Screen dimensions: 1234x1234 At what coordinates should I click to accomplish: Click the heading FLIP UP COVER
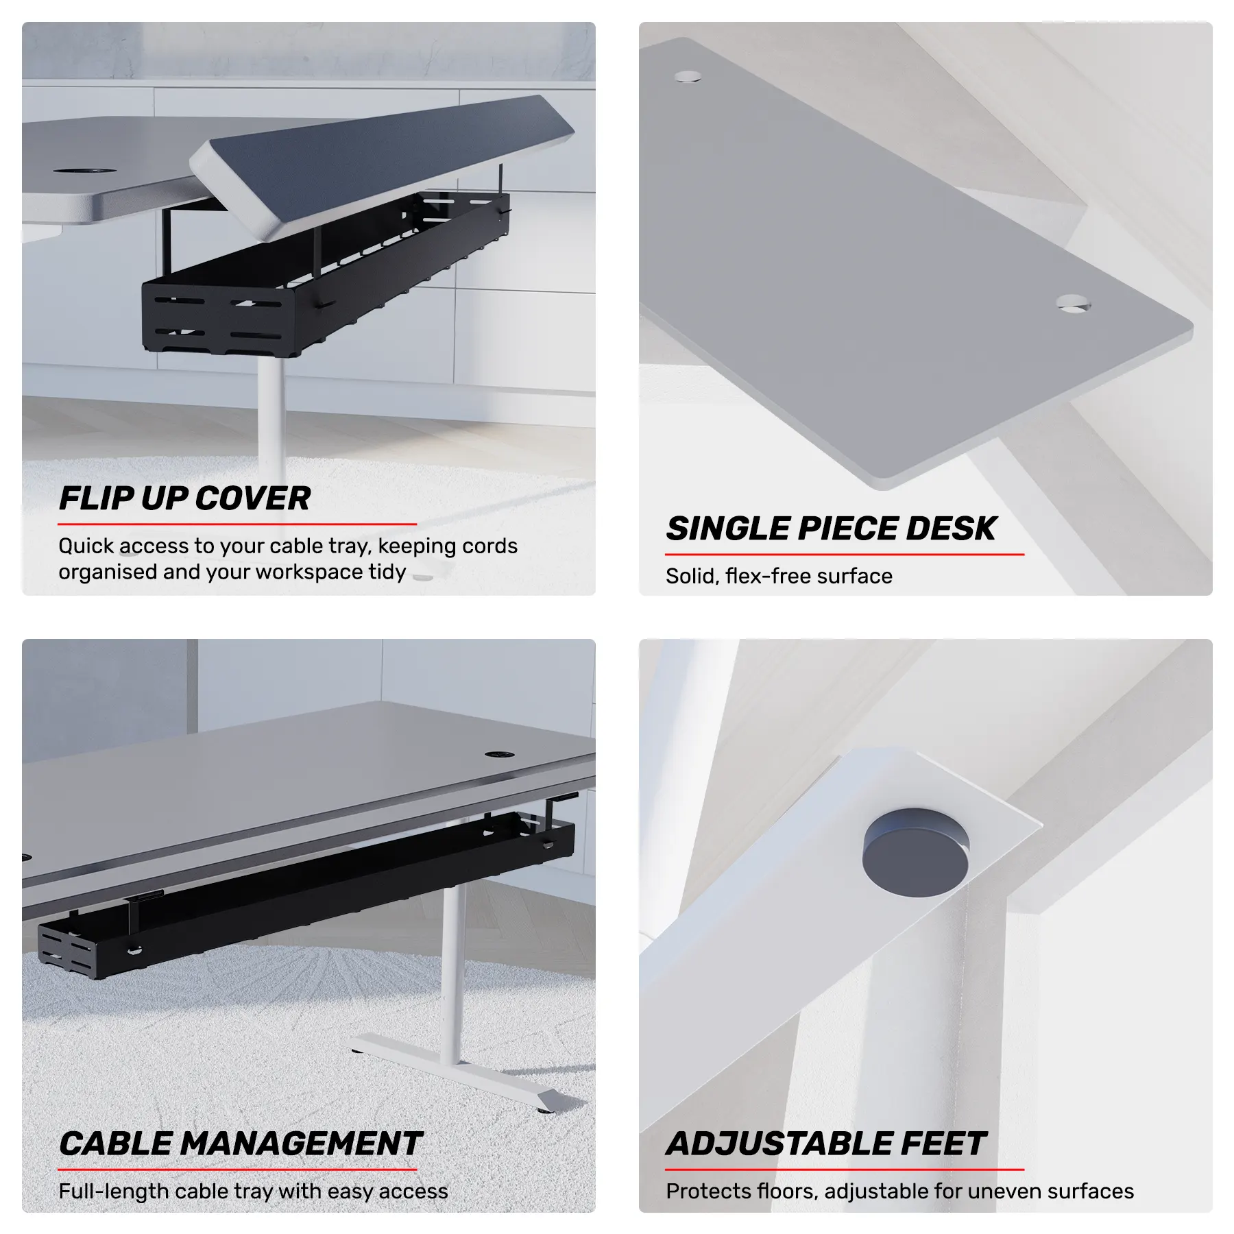[x=184, y=498]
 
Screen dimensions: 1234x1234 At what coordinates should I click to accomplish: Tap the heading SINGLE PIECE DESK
[x=831, y=529]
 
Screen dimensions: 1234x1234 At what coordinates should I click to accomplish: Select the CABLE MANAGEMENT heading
[x=240, y=1144]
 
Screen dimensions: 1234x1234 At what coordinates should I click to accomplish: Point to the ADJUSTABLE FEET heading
[x=826, y=1144]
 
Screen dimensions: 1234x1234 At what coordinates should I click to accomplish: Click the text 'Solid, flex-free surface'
[x=779, y=576]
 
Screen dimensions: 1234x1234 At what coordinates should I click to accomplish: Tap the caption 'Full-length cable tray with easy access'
[x=253, y=1191]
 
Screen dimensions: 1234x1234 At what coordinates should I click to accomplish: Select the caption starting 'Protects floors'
[x=899, y=1191]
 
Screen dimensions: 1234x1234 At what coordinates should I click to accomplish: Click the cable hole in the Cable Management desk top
[x=500, y=754]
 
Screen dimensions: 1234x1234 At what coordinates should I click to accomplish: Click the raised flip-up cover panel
[x=384, y=161]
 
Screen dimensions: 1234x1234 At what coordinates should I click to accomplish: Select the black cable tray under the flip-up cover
[x=326, y=274]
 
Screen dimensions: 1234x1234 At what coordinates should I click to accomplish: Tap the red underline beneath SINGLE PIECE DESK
[x=845, y=554]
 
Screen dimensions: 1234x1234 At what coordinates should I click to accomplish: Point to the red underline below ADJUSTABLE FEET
[x=845, y=1170]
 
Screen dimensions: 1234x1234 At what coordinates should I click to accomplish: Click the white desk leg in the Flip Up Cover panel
[x=271, y=418]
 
